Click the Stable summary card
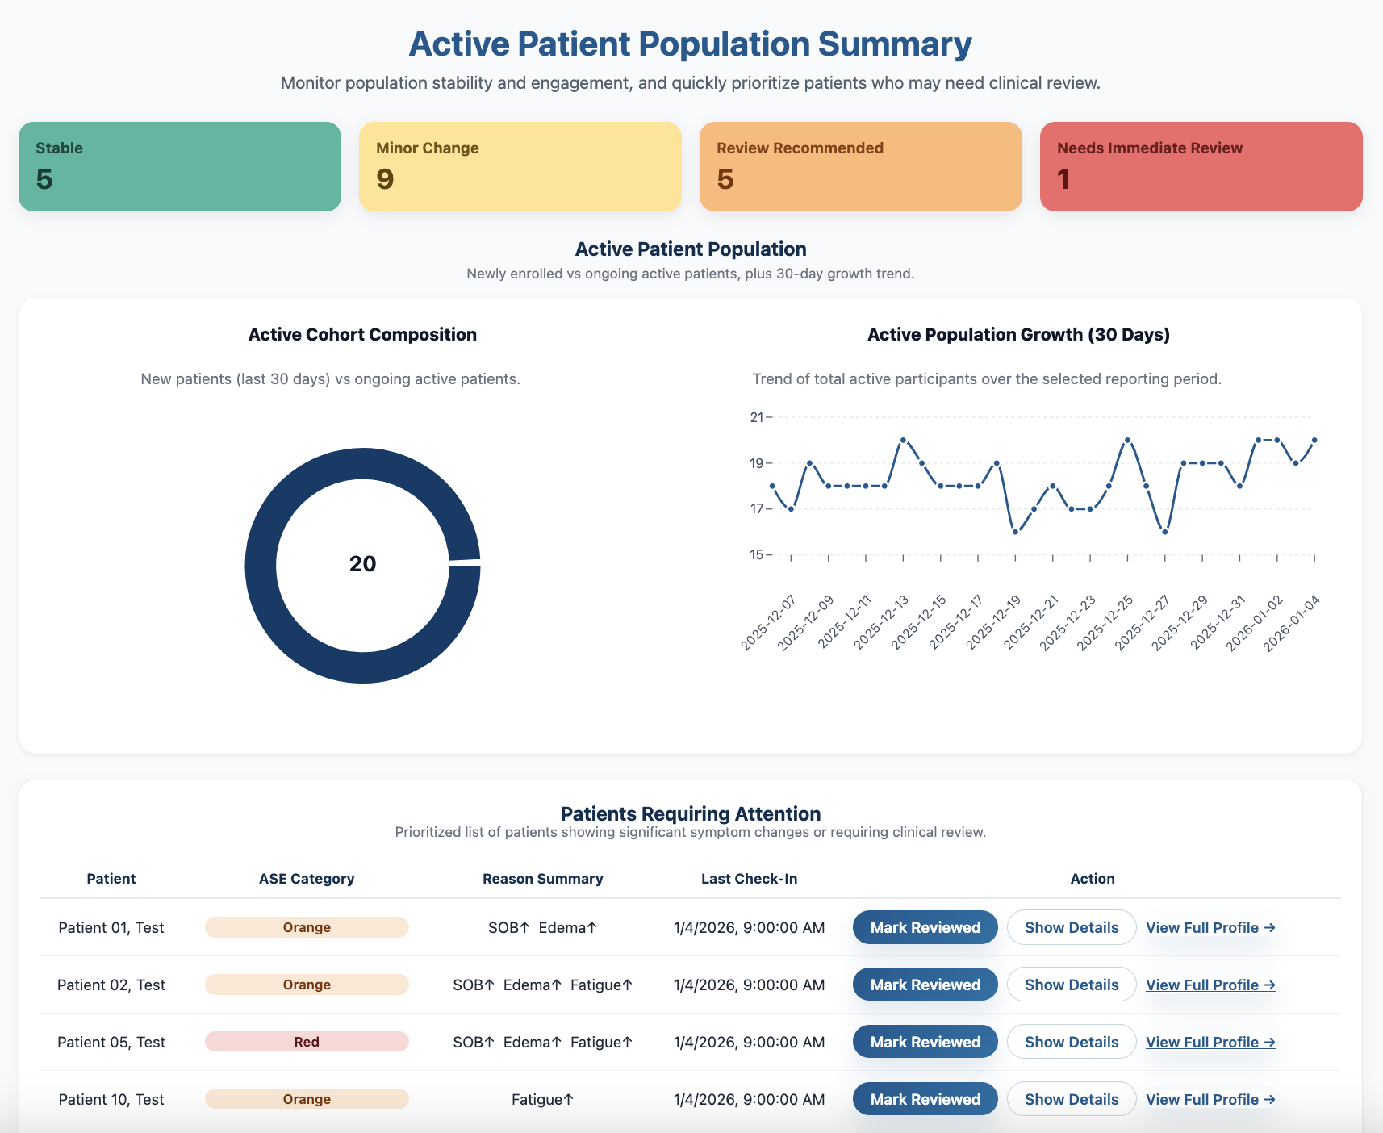(x=179, y=166)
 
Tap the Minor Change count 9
(x=385, y=179)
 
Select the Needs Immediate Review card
(x=1201, y=166)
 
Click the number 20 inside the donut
(x=362, y=564)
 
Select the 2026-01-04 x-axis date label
(x=1292, y=622)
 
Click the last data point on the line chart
(x=1314, y=440)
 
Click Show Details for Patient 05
(x=1071, y=1042)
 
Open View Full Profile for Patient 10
(x=1210, y=1099)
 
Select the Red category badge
(x=307, y=1042)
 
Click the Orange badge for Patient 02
(x=307, y=985)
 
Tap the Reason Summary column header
(x=542, y=879)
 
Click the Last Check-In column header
(x=749, y=879)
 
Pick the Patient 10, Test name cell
(x=111, y=1099)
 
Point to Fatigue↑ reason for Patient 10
(x=542, y=1099)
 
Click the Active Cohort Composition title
(x=362, y=335)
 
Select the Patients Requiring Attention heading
(x=691, y=813)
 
